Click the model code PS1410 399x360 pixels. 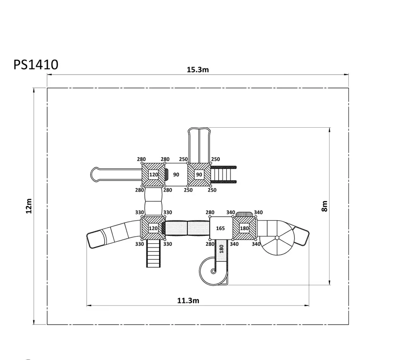tap(36, 65)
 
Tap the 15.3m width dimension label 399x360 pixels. tap(198, 69)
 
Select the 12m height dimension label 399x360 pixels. tap(29, 206)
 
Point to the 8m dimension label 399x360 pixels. tap(324, 206)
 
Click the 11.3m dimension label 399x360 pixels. tap(188, 301)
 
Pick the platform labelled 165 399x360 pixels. tap(221, 228)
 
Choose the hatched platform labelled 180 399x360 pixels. tap(245, 228)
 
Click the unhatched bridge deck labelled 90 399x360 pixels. tap(176, 175)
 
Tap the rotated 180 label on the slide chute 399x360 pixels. tap(221, 249)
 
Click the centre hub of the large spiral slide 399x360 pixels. tap(277, 238)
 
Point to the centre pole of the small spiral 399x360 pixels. tap(213, 271)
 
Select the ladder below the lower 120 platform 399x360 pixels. tap(154, 253)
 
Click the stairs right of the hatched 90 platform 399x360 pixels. tap(223, 175)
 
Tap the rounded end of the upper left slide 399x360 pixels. tap(95, 175)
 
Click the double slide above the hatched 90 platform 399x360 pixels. tap(199, 145)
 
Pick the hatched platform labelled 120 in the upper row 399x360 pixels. tap(153, 175)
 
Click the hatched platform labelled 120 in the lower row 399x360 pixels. tap(153, 228)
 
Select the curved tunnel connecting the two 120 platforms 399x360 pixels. tap(153, 202)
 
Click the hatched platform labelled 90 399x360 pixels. tap(199, 175)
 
